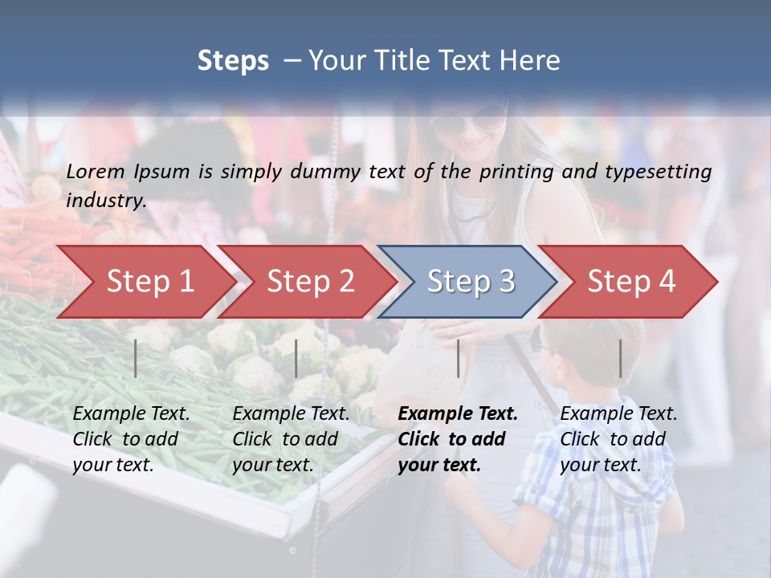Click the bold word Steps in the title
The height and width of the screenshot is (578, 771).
(233, 60)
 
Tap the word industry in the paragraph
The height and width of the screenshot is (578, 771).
(105, 200)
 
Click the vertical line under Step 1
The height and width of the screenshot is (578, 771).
(136, 358)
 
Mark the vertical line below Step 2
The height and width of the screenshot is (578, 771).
(296, 358)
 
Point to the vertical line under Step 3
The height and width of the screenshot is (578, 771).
(459, 358)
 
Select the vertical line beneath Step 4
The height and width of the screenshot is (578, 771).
(621, 358)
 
